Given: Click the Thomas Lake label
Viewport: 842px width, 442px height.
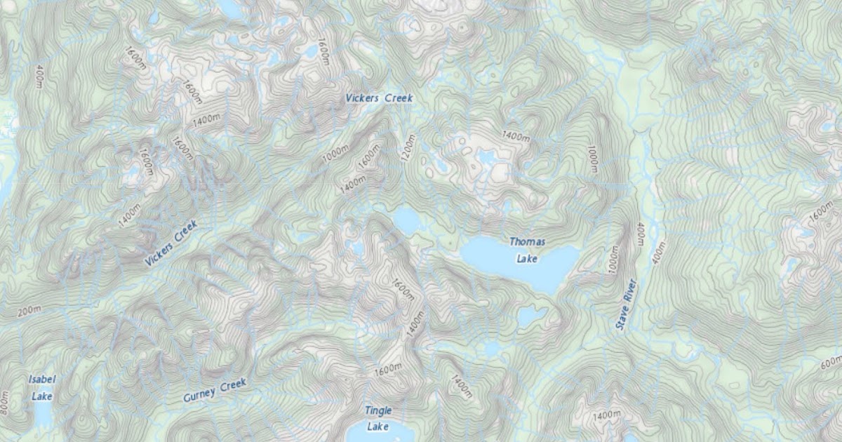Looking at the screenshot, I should click(x=526, y=250).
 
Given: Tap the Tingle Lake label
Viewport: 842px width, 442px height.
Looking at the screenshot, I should click(x=378, y=418).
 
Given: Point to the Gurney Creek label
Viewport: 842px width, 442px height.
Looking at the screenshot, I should click(x=215, y=391).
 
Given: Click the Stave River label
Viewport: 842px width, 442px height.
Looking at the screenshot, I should click(x=626, y=305).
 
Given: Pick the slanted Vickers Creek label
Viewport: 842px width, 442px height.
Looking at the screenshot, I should click(x=171, y=243).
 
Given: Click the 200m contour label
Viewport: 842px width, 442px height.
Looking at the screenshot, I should click(x=29, y=310).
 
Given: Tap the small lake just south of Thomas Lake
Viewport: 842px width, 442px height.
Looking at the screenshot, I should click(x=530, y=316).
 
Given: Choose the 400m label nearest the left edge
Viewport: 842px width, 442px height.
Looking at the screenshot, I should click(x=39, y=77).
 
